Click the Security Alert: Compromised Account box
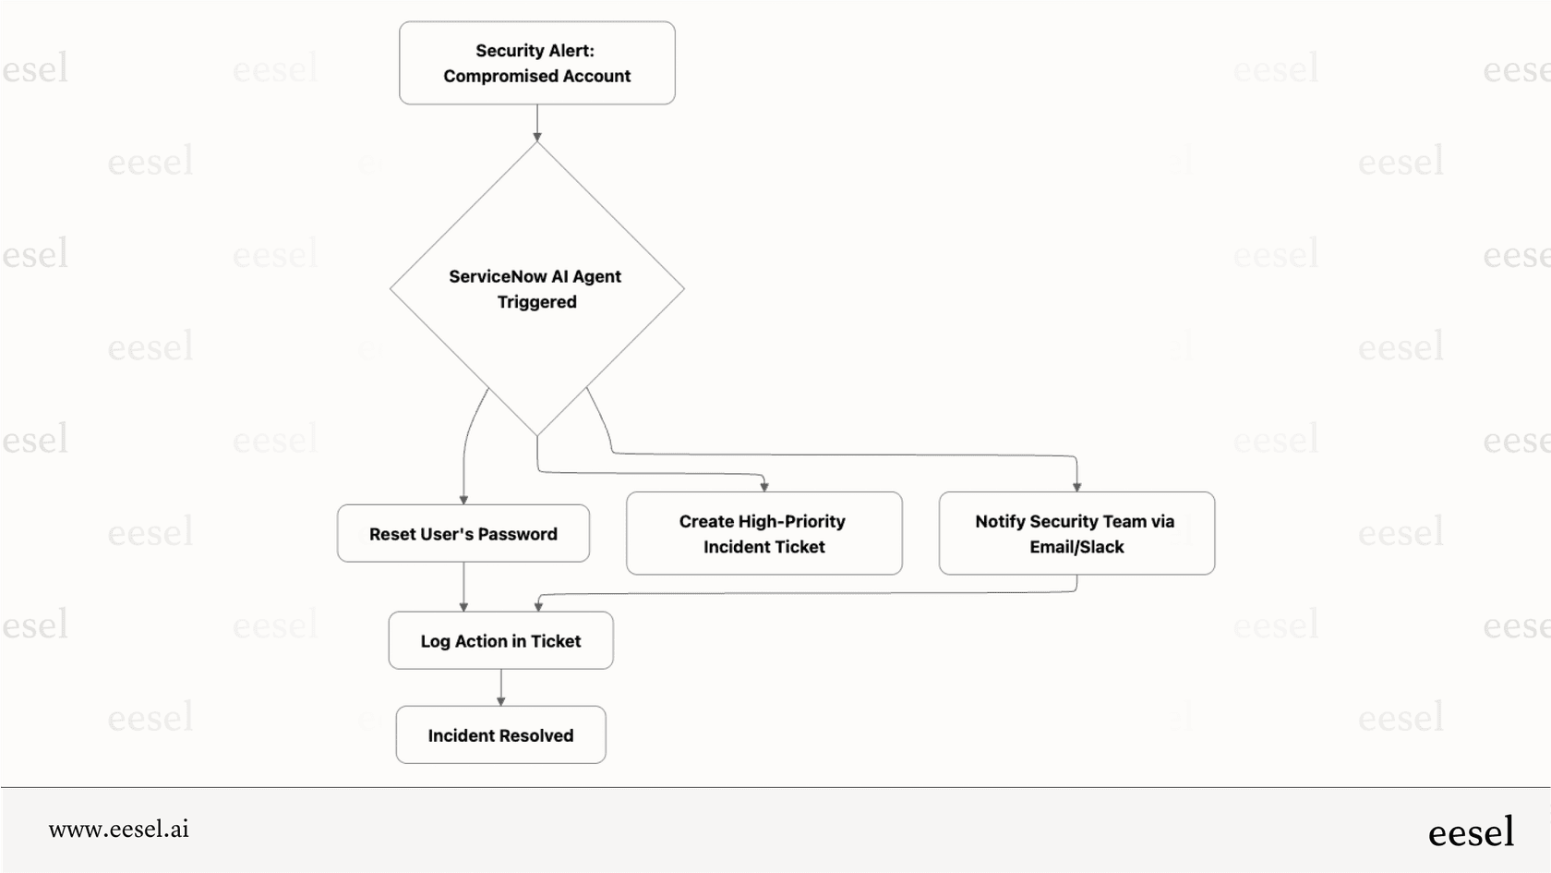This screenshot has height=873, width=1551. (x=536, y=63)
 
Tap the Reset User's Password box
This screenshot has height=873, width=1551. (x=463, y=533)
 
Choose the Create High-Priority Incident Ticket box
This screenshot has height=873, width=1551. (x=763, y=533)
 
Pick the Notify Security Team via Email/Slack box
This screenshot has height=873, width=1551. (x=1076, y=533)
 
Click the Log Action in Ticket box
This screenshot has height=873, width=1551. (x=500, y=640)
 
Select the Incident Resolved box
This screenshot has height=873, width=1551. (x=500, y=735)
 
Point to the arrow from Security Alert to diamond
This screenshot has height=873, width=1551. (x=536, y=122)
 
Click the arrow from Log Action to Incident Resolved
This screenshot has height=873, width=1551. (x=500, y=687)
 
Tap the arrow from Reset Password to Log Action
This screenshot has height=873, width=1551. (x=463, y=587)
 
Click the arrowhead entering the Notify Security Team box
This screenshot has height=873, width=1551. (x=1076, y=486)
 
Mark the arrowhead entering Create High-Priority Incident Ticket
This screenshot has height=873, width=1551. (x=764, y=486)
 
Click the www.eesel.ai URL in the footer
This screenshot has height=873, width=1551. (x=118, y=830)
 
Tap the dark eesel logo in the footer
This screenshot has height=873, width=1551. (x=1471, y=832)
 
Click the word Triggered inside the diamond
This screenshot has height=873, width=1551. (x=536, y=302)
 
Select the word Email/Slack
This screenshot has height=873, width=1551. (x=1076, y=547)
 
